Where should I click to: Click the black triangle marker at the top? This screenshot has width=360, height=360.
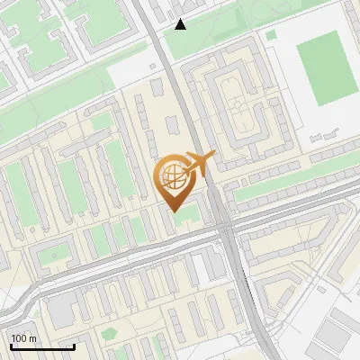click(181, 24)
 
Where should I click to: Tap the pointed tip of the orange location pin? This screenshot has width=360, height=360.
click(172, 212)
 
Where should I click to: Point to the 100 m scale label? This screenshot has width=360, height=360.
click(24, 338)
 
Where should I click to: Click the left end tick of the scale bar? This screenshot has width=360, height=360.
click(11, 346)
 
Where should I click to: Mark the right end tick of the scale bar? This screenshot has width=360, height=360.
click(74, 346)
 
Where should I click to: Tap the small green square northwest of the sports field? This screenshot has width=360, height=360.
click(272, 34)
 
